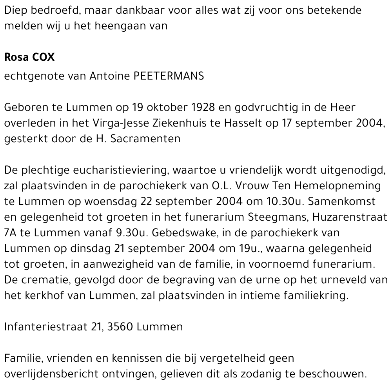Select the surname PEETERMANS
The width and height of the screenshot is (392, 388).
[x=169, y=76]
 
